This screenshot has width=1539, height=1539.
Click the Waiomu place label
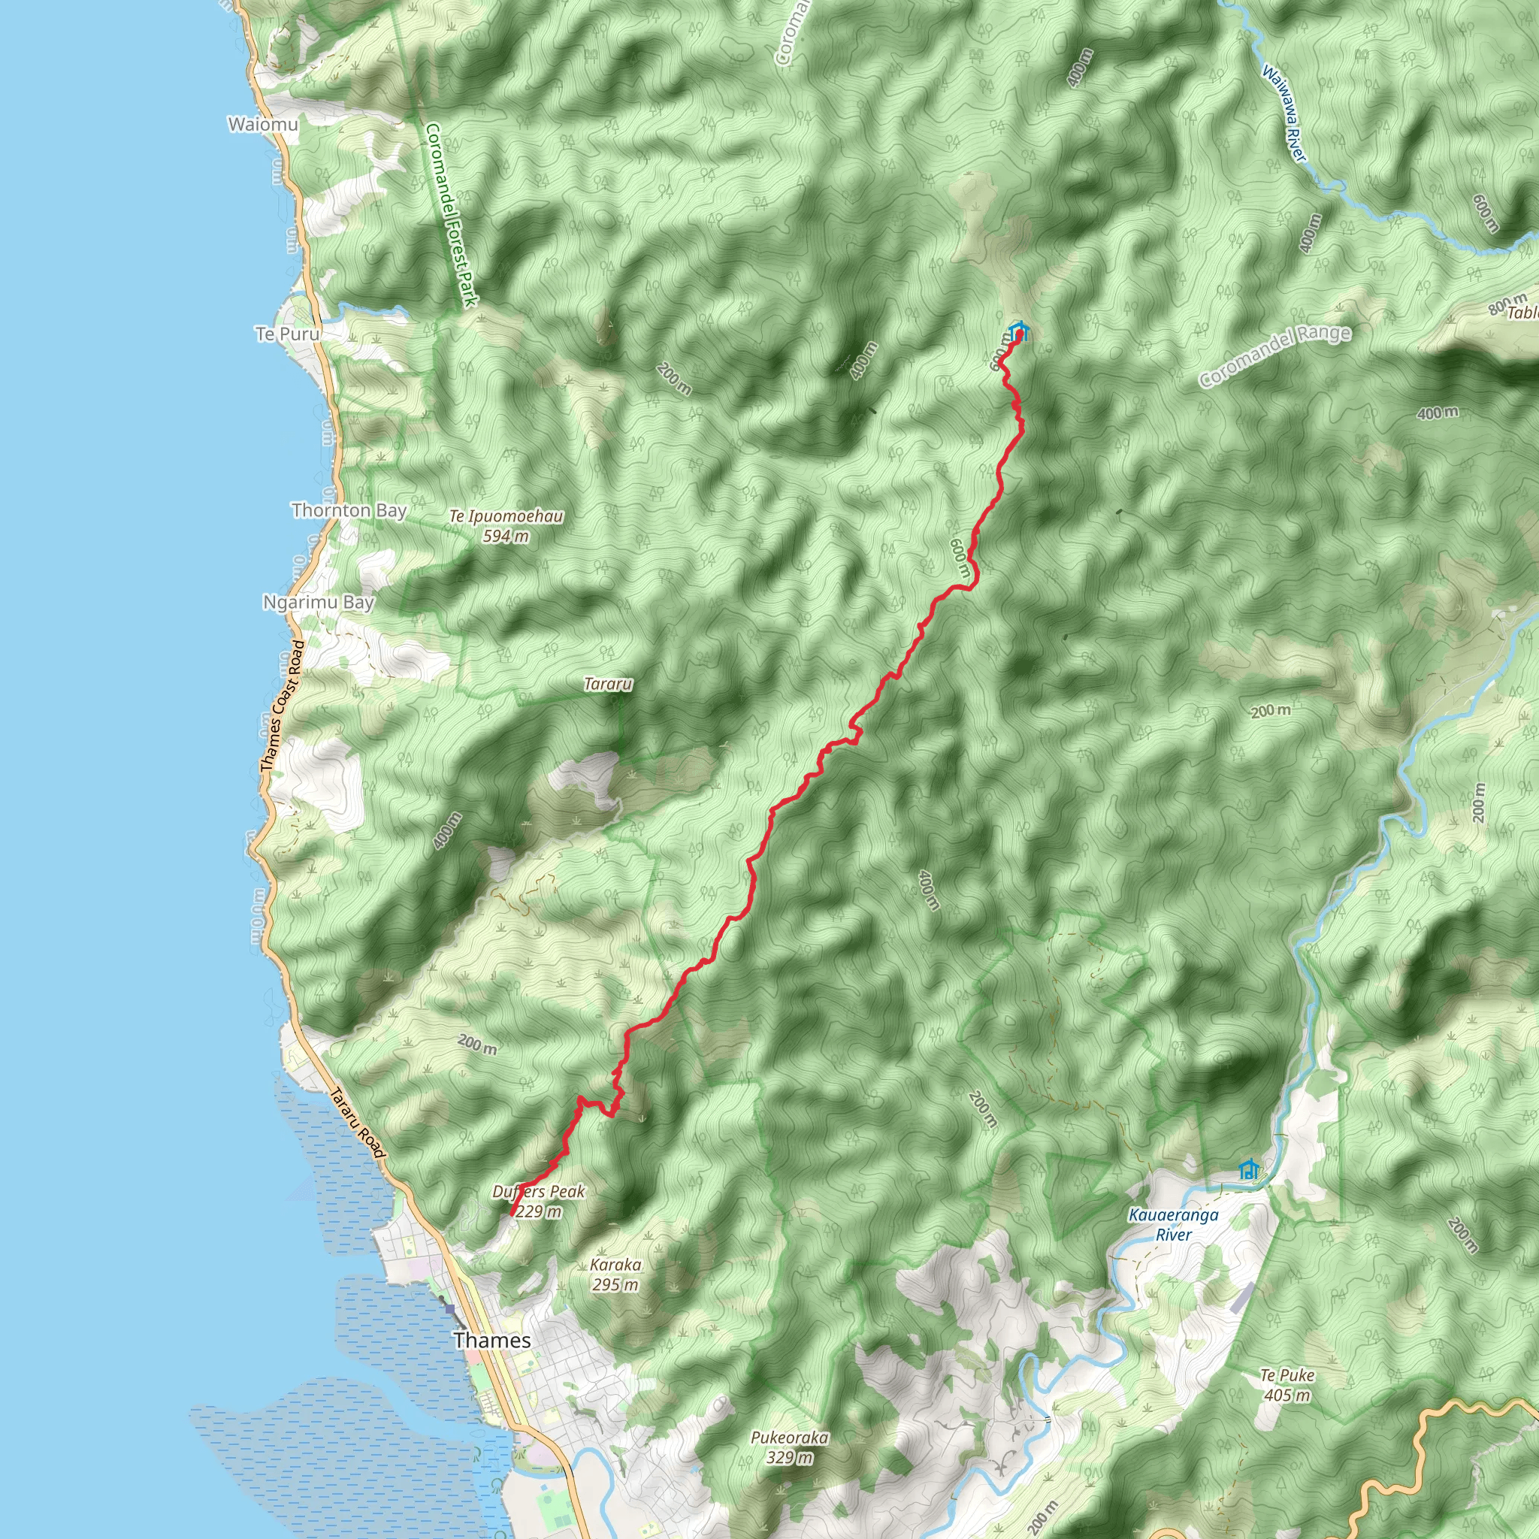(263, 124)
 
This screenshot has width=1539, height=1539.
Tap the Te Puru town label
(288, 334)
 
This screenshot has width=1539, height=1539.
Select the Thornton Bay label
(349, 509)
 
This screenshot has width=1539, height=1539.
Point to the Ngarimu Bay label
(319, 602)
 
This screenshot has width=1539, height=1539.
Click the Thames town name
(492, 1340)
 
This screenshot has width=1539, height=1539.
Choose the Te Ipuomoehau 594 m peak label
(506, 526)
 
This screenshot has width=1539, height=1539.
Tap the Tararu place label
(608, 684)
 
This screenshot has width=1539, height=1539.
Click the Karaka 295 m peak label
(615, 1274)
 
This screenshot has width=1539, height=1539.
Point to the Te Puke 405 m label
(1287, 1385)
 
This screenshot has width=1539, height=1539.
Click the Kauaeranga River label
(1173, 1225)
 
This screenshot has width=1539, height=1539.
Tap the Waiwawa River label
(1284, 113)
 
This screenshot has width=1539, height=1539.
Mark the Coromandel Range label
(1275, 355)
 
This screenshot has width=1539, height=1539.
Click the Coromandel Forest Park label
(451, 215)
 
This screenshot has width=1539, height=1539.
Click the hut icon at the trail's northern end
(1018, 331)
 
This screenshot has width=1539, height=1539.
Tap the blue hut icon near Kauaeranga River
(1248, 1169)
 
